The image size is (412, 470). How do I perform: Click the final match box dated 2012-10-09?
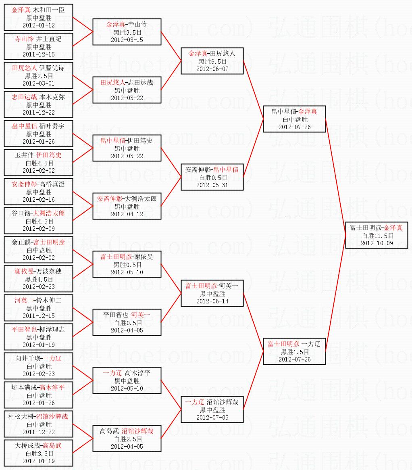(x=377, y=235)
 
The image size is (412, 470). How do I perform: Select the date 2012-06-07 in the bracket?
(x=212, y=69)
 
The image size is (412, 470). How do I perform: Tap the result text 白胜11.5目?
(x=377, y=236)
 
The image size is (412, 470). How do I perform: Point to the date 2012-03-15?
(x=127, y=40)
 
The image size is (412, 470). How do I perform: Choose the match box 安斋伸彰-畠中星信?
(x=212, y=177)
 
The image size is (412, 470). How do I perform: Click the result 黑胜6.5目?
(x=212, y=61)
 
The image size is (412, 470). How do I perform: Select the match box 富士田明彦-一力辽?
(x=294, y=351)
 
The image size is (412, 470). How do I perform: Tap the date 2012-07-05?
(x=212, y=418)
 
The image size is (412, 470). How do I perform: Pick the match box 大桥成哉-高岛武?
(x=38, y=453)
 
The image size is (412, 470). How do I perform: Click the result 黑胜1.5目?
(x=294, y=352)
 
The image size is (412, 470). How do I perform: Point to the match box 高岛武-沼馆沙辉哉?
(x=127, y=439)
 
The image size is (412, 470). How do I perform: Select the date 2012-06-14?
(x=212, y=301)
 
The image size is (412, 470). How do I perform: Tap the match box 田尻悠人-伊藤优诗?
(x=38, y=75)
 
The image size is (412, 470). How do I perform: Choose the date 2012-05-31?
(x=212, y=185)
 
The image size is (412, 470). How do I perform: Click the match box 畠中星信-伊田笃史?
(x=127, y=148)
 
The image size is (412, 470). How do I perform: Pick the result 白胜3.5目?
(x=38, y=453)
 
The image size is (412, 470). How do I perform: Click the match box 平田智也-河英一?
(x=127, y=322)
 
